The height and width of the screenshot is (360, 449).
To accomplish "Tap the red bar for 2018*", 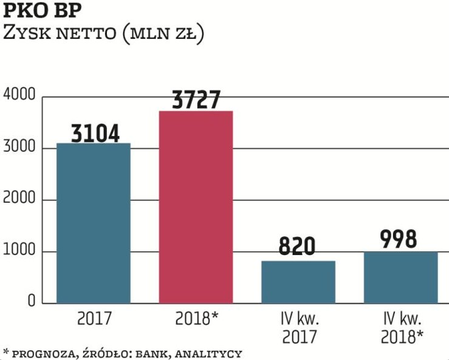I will point(196,206).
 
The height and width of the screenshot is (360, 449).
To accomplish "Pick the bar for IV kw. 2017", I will point(298,282).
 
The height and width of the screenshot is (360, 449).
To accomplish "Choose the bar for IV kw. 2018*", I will point(400,277).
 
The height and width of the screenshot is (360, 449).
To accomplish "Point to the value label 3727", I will point(196,100).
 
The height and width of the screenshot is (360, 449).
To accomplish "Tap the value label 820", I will point(298,247).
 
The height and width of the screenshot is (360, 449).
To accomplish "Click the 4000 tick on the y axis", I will point(20,95).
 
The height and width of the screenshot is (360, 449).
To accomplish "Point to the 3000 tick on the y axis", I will point(20,148).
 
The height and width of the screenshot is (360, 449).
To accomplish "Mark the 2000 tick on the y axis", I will point(20,200).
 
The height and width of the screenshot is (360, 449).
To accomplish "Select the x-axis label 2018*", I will point(196,318).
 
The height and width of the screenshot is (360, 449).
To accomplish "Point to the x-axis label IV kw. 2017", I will point(298,326).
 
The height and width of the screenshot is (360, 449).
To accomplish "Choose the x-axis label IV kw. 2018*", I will point(400,326).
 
